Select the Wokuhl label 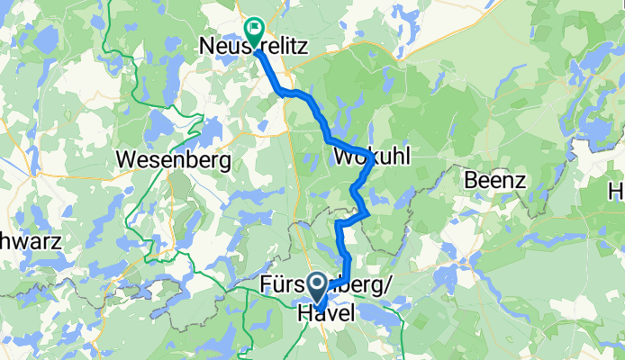[x=372, y=157]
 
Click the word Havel [x=327, y=311]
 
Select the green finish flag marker [x=253, y=31]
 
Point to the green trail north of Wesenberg [x=135, y=108]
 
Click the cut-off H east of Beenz [x=618, y=191]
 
